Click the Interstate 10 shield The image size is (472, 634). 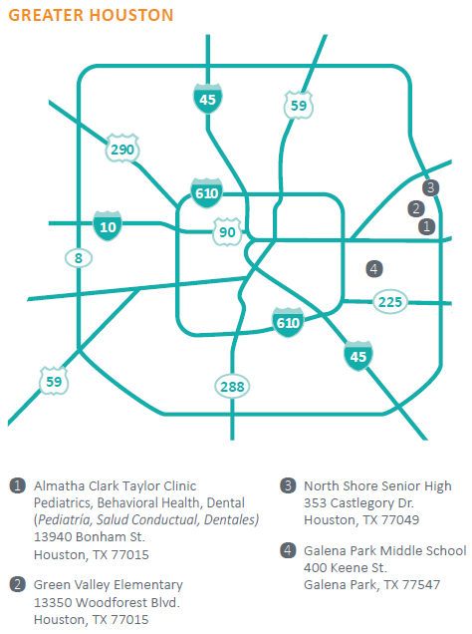pos(108,225)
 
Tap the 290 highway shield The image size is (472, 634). pos(123,149)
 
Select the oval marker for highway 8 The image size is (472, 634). pos(79,258)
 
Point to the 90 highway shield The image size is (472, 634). pos(227,232)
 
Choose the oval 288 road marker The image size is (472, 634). pos(230,386)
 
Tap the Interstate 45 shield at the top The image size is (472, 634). pos(207,98)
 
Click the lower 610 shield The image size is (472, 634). pos(288,322)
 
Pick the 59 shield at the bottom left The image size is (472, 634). pos(54,380)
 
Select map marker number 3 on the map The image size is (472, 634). pos(430,187)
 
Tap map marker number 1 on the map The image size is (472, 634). pos(427,226)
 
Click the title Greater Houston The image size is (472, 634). pos(91,16)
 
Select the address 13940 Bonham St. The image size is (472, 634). pos(90,536)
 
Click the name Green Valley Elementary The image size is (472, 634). pos(109,585)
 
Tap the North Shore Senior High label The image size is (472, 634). pos(377,486)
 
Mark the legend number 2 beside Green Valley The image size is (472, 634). pos(17,585)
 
